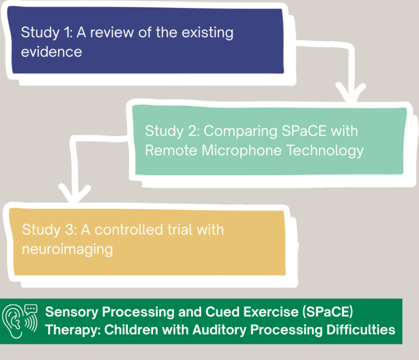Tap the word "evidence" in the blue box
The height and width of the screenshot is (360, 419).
point(51,52)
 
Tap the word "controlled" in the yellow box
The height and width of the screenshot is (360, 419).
point(126,229)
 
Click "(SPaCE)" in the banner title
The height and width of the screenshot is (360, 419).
point(325,313)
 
